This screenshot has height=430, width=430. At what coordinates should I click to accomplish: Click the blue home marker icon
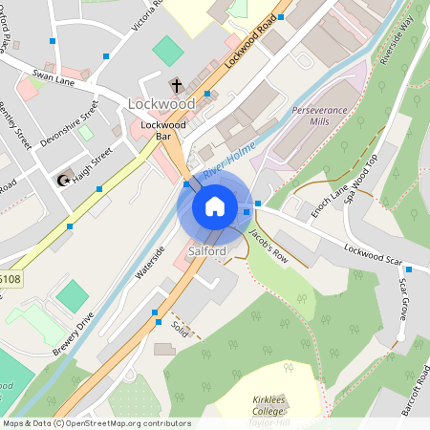point(215,205)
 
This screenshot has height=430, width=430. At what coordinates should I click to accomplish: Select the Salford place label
point(207,251)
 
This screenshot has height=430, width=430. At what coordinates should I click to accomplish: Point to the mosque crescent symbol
point(65,180)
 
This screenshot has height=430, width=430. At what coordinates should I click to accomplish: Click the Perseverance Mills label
point(318,117)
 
